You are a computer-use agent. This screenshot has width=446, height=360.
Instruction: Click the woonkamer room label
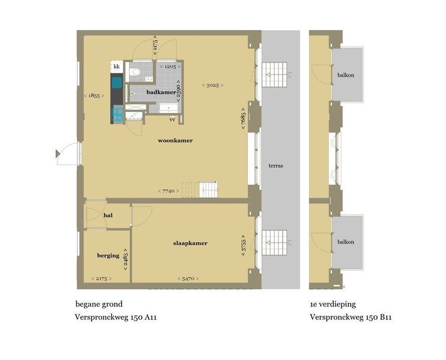pos(175,140)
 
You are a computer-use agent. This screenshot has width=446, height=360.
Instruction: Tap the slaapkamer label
pos(190,243)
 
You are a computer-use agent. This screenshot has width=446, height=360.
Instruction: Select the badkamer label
pos(161,92)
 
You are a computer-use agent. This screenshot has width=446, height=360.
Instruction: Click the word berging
pos(108,255)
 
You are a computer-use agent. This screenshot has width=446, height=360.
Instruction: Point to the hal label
pos(107,215)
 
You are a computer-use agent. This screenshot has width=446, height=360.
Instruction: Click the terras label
pos(276,165)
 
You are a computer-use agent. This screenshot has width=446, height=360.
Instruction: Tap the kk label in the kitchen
pos(117,66)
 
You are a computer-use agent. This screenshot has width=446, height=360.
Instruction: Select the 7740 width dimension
pos(168,191)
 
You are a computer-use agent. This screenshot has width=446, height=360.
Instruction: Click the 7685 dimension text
pos(243,118)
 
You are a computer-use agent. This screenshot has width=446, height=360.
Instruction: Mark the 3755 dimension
pos(243,245)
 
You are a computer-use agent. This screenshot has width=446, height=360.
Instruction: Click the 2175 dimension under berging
pos(101,278)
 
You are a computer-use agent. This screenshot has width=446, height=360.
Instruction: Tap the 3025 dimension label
pos(212,85)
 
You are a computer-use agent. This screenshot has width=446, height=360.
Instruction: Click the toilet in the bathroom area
pos(134,73)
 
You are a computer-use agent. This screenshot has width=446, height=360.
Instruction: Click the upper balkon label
pos(346,75)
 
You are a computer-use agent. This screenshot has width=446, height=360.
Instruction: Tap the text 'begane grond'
pos(99,304)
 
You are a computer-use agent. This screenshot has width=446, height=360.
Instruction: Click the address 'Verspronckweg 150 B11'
pos(350,317)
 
